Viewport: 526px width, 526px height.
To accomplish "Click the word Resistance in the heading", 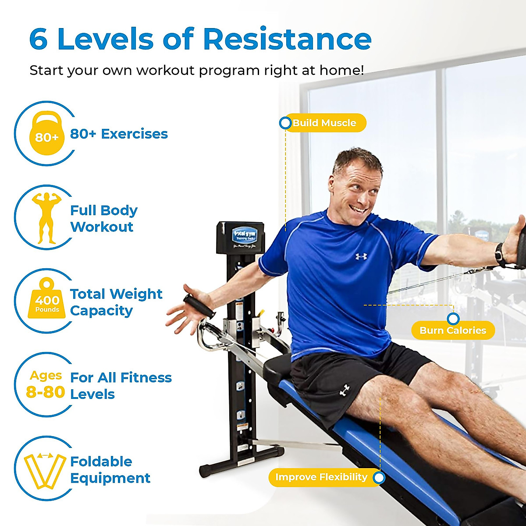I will pos(287,39).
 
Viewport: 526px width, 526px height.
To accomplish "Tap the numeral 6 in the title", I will pos(39,39).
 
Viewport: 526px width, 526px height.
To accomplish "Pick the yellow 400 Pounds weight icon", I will pos(47,301).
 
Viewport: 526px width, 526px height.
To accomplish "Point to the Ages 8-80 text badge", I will pos(46,384).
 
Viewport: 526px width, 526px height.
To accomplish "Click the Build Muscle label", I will pos(324,123).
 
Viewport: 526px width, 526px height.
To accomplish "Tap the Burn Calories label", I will pos(453,331).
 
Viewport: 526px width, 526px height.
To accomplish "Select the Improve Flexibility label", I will pos(321,477).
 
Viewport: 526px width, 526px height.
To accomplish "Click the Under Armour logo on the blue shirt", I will pos(361,256).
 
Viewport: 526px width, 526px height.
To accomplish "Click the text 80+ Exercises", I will pos(119,134).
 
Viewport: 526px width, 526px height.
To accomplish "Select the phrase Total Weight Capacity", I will pos(116,302).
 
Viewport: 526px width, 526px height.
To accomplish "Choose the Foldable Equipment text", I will pos(110,469).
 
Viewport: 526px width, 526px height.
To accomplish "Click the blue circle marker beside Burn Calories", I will pos(453,319).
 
